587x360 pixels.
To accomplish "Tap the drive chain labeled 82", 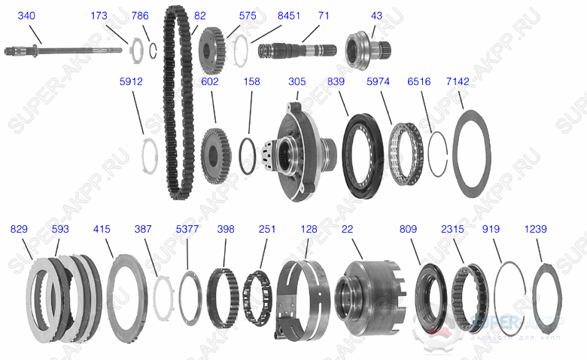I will pos(174,105).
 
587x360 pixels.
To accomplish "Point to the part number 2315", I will pos(452,228).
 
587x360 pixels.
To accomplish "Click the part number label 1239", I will pos(535,228).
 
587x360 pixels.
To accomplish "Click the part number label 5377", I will pos(187,228).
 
